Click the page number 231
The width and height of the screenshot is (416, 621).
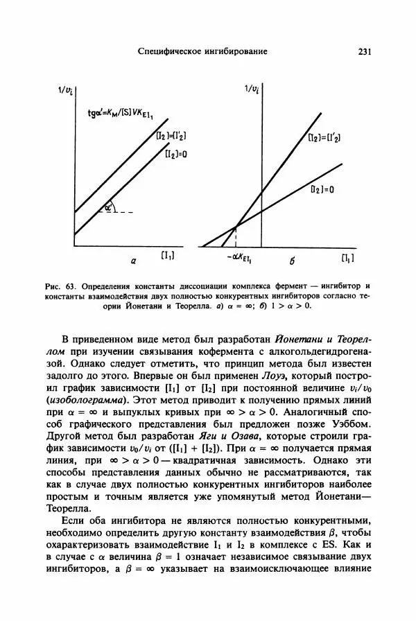pos(365,51)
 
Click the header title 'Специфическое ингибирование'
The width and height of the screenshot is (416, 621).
pos(202,51)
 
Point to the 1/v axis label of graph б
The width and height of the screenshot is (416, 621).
pos(252,88)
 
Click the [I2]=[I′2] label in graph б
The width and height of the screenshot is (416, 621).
pos(325,138)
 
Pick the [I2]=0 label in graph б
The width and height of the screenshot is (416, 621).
pos(322,188)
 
